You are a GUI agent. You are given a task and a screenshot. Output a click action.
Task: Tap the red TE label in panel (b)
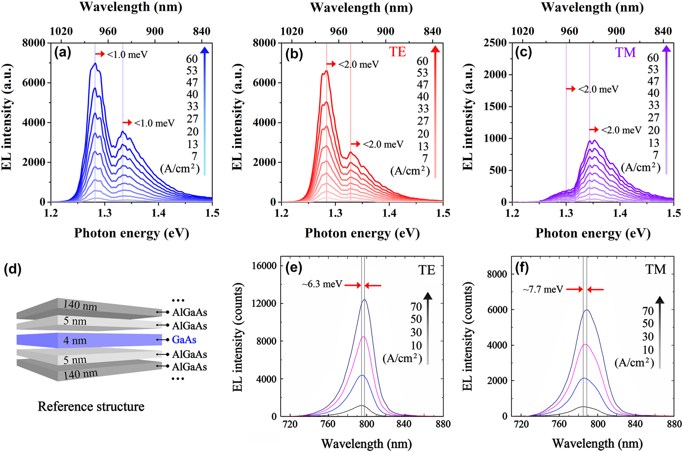tap(397, 52)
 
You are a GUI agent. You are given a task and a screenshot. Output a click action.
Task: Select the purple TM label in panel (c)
tap(625, 52)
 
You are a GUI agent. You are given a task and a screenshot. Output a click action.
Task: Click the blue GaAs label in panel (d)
tap(184, 340)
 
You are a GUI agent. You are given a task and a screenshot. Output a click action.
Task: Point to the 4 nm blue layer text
tap(75, 341)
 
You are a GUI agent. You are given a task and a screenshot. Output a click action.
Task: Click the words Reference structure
tap(91, 406)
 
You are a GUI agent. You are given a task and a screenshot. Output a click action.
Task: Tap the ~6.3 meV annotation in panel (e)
tap(322, 284)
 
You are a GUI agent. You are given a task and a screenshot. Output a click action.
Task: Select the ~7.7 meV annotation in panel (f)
tap(543, 290)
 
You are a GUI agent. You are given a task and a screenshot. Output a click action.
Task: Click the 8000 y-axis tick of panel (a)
tap(34, 42)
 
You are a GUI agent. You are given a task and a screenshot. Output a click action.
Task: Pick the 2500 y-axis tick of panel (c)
tap(495, 42)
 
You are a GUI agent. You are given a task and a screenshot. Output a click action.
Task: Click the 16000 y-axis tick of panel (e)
tap(264, 266)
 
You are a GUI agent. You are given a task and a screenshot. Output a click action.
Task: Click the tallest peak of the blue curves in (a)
tap(94, 63)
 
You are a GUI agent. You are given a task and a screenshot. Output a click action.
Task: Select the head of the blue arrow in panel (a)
tap(205, 49)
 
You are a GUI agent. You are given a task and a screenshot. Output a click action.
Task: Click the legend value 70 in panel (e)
tap(416, 307)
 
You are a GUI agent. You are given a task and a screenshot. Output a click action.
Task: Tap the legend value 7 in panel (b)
tap(425, 159)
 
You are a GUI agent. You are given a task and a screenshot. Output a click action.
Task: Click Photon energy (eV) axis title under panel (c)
tap(593, 233)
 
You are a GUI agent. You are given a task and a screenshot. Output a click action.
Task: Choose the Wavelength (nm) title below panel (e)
tap(366, 443)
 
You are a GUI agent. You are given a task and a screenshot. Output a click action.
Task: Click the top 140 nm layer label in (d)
tap(80, 305)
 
